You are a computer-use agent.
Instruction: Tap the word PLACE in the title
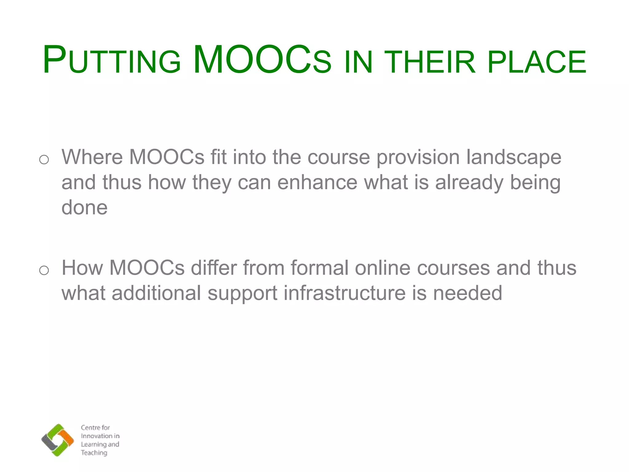coord(537,61)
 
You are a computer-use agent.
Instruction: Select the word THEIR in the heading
coord(430,61)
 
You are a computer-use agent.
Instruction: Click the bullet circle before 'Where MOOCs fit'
coord(44,159)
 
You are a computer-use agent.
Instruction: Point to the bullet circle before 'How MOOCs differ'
coord(44,270)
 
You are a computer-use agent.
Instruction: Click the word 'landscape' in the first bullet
coord(514,157)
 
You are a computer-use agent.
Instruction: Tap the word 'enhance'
coord(317,182)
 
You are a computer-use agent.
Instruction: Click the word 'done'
coord(84,207)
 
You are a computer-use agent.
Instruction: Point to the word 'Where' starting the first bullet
coord(92,157)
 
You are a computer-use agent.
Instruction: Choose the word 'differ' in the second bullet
coord(214,268)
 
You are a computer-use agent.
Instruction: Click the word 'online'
coord(383,268)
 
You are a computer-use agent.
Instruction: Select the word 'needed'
coord(467,293)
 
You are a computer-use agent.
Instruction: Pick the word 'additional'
coord(156,293)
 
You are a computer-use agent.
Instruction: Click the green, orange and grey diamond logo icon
coord(57,440)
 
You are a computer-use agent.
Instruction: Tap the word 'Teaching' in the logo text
coord(94,453)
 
